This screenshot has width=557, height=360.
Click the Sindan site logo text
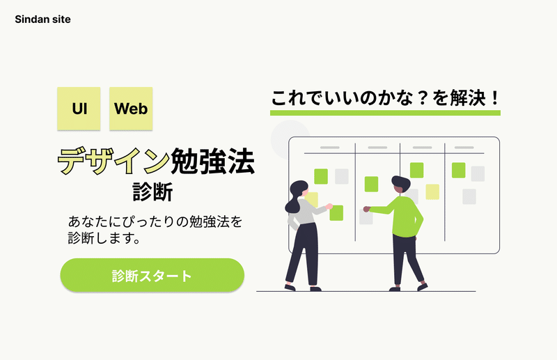tap(42, 19)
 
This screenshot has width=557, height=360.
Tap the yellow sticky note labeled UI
tap(79, 109)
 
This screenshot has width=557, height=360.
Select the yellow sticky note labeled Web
tap(131, 109)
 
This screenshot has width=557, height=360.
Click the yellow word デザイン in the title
tap(113, 161)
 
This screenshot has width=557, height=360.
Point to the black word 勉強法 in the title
tap(213, 161)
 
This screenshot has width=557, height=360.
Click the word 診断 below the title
tap(152, 192)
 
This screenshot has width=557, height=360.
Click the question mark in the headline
tap(423, 98)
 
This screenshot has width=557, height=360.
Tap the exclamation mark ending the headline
tap(495, 97)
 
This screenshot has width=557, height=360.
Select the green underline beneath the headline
tap(386, 113)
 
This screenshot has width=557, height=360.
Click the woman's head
tap(299, 188)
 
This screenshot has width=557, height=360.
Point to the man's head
tap(401, 185)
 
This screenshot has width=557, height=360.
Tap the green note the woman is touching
tap(336, 213)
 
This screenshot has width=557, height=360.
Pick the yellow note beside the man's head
tap(432, 192)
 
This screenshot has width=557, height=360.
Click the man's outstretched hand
tap(367, 209)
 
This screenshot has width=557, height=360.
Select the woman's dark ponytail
tap(292, 203)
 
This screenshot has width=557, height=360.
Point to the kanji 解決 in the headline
tap(468, 98)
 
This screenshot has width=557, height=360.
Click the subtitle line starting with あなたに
tap(155, 221)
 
